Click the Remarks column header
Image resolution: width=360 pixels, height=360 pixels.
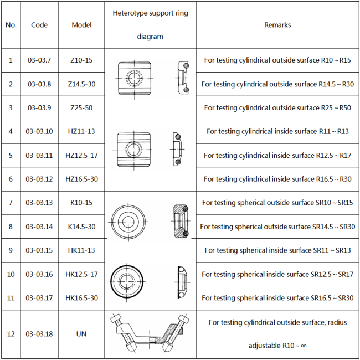(x=277, y=25)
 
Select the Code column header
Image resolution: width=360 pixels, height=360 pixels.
(x=39, y=25)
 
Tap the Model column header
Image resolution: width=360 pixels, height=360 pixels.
(x=81, y=25)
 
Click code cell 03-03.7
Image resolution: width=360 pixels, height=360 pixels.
(x=39, y=60)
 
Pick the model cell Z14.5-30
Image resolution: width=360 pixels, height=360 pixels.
(x=81, y=84)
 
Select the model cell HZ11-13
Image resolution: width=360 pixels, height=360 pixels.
(x=81, y=131)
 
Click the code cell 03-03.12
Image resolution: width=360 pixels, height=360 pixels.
(x=39, y=179)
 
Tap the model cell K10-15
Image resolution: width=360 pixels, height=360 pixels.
(x=81, y=203)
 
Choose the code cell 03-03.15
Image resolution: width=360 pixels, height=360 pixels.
(x=39, y=250)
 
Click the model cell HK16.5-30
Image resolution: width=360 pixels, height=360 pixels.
(x=81, y=298)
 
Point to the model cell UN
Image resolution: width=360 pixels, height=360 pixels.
(x=81, y=333)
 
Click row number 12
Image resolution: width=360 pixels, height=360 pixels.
(x=11, y=333)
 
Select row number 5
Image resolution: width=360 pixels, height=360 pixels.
(x=11, y=155)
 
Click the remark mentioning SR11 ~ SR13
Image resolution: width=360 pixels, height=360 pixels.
(x=277, y=250)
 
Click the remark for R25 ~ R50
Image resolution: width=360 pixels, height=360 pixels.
(x=277, y=107)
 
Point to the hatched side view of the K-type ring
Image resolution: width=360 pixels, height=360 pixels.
(x=181, y=222)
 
